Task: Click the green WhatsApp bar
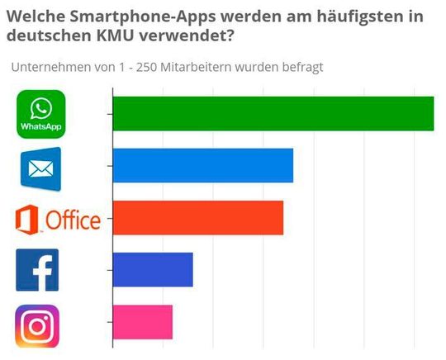point(273,113)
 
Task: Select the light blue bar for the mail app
point(202,165)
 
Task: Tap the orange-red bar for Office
point(197,217)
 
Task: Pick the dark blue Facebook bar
point(152,269)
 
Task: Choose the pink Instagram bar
point(142,321)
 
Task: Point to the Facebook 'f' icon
point(37,270)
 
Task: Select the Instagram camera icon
point(37,325)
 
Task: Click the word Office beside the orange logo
point(73,220)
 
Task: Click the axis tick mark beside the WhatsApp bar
point(107,113)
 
